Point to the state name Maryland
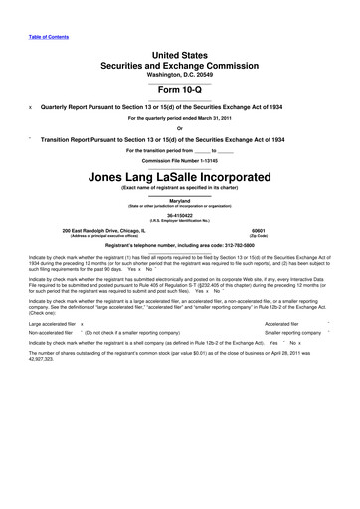[180, 200]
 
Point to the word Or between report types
[179, 128]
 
